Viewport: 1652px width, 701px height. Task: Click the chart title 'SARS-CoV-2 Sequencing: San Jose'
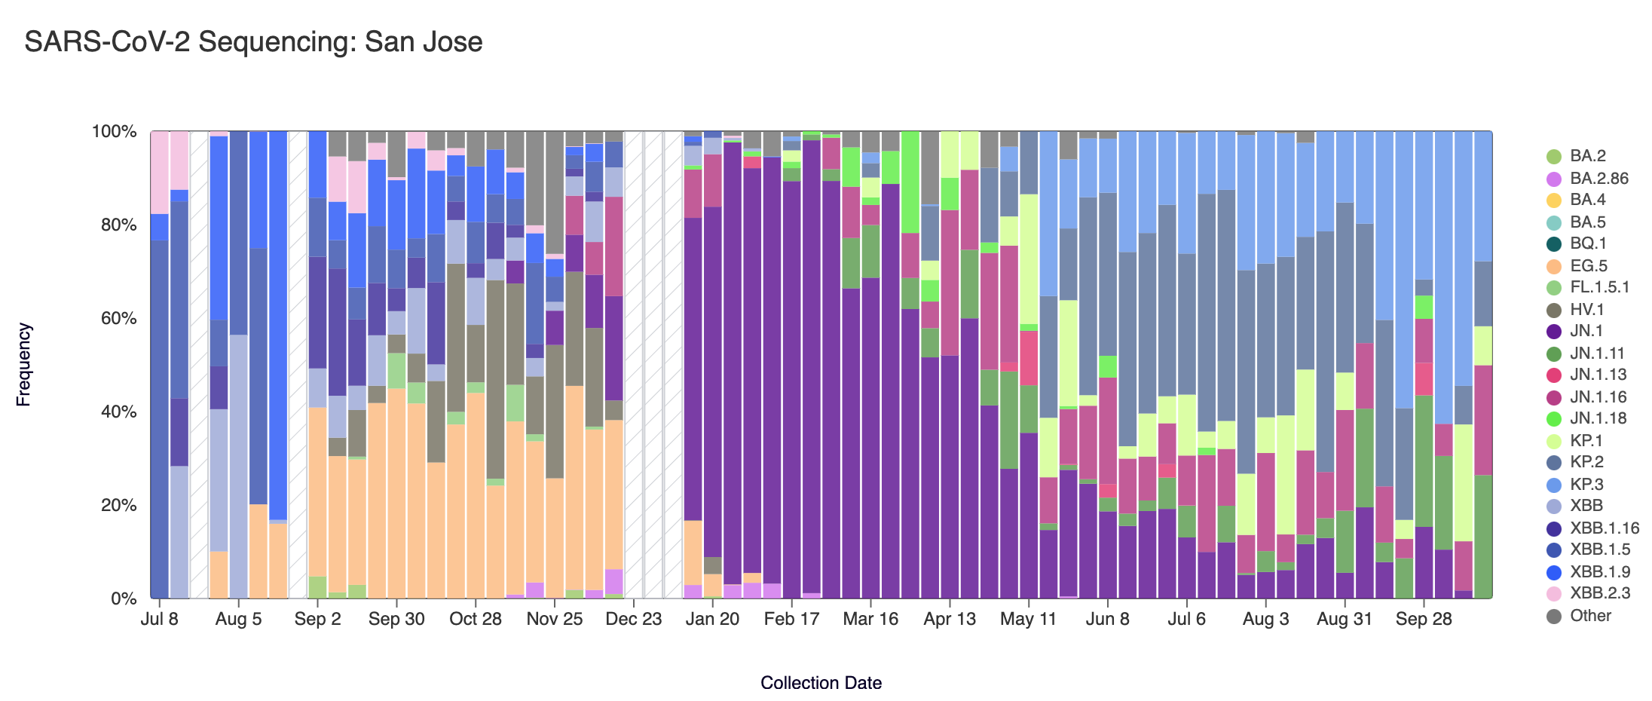tap(253, 42)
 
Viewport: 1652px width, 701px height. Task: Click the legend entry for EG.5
tap(1588, 266)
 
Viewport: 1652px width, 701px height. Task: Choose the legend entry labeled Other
tap(1590, 616)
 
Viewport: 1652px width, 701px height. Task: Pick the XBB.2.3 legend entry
tap(1599, 593)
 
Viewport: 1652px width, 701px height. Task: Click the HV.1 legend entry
tap(1586, 310)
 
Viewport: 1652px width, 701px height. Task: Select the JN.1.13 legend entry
tap(1598, 375)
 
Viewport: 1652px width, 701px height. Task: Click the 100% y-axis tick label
tap(114, 132)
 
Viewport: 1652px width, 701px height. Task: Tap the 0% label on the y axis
tap(123, 599)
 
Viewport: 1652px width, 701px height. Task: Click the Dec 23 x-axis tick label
tap(634, 620)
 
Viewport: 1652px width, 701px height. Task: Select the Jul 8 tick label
tap(160, 620)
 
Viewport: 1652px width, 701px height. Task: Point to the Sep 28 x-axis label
tap(1424, 620)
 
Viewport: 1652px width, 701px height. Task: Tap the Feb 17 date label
tap(791, 620)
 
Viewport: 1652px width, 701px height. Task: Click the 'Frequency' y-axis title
tap(24, 365)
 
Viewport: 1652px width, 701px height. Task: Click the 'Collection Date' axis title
tap(821, 683)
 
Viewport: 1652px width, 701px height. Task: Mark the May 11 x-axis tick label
tap(1028, 620)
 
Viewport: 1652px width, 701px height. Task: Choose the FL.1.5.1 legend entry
tap(1599, 287)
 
